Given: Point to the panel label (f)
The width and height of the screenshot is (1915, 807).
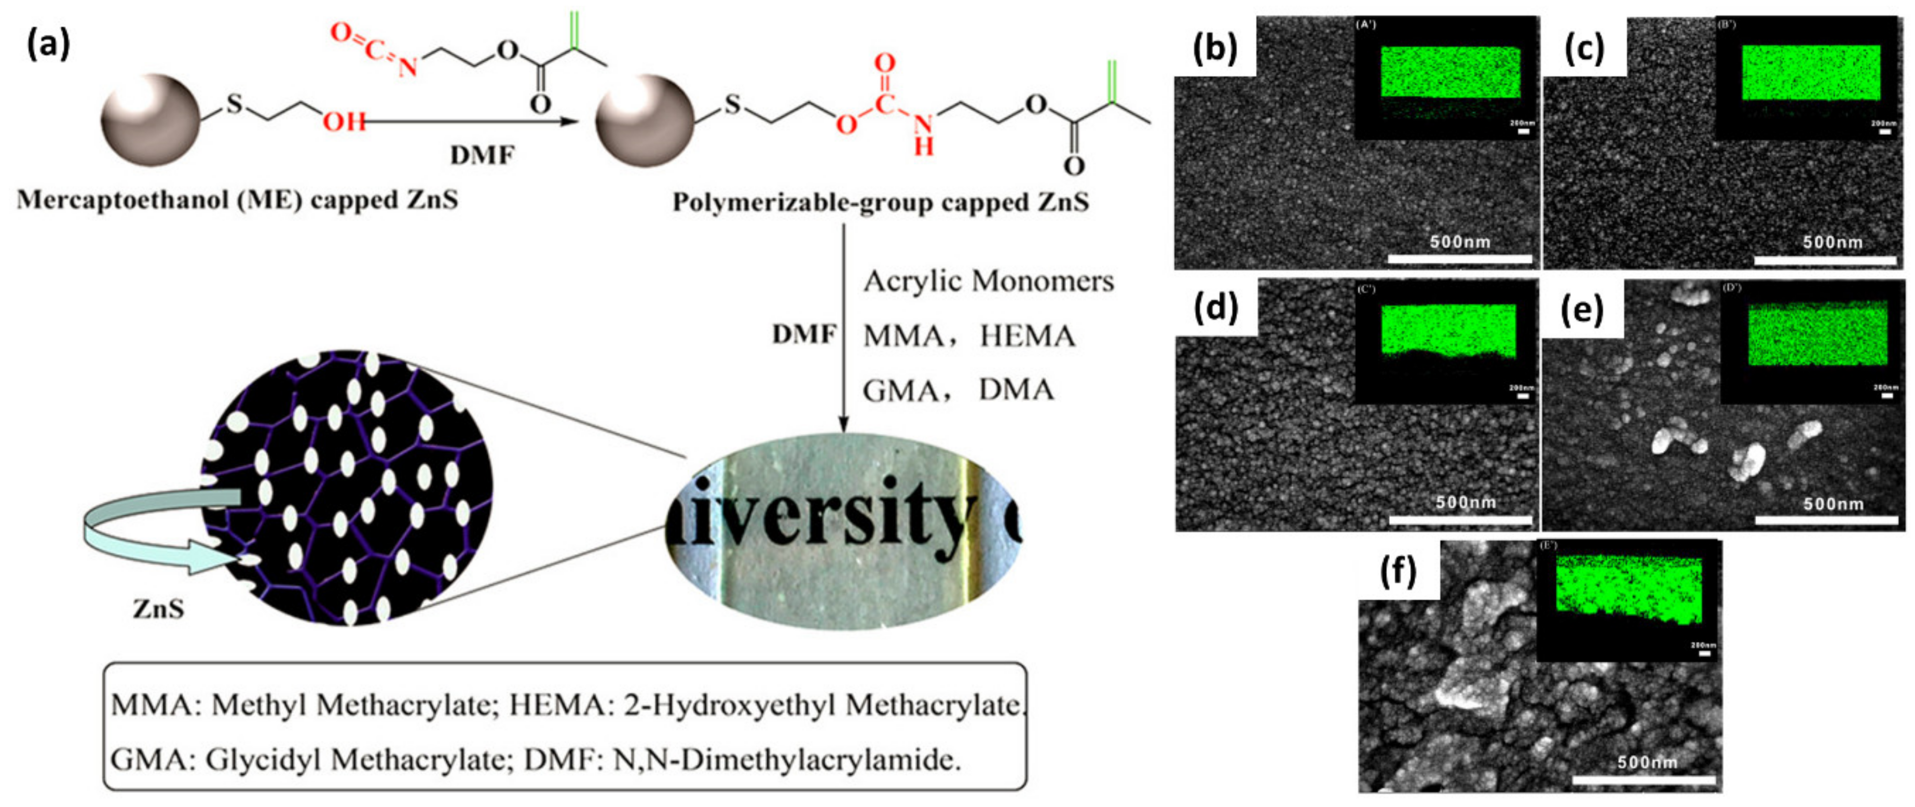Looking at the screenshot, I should (1398, 571).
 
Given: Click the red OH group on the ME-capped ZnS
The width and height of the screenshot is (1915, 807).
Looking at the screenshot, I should (344, 120).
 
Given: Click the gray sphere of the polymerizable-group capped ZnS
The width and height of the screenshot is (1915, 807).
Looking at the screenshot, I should (645, 120).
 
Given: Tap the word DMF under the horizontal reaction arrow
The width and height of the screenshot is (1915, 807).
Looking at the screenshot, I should (482, 155).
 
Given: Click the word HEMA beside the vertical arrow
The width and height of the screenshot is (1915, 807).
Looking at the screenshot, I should (1028, 336).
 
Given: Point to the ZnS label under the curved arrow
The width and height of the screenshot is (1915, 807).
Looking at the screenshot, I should (158, 609).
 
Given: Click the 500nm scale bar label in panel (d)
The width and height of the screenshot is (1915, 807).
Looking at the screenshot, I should (1465, 502).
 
